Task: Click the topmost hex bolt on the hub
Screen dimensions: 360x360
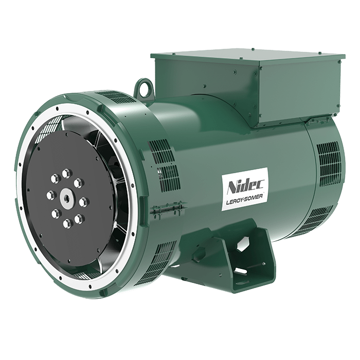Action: tap(66, 173)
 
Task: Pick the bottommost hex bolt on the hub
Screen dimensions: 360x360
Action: tap(67, 223)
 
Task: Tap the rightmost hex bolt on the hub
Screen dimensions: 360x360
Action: tap(84, 202)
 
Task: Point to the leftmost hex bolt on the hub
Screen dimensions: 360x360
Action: tap(51, 195)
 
